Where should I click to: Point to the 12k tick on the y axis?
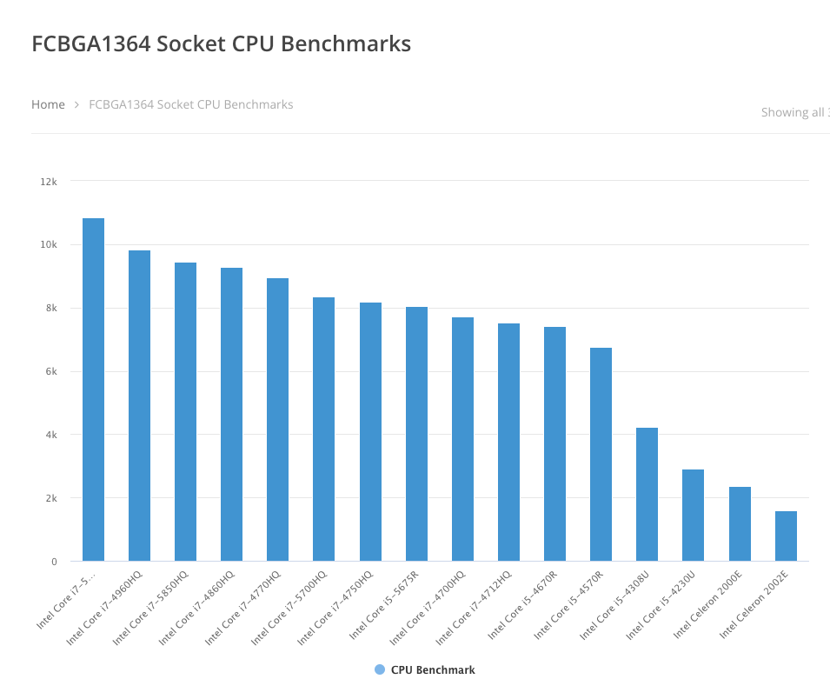pos(49,181)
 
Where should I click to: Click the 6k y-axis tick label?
pos(50,371)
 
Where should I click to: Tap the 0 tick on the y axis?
pos(54,562)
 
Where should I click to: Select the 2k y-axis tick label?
pos(50,498)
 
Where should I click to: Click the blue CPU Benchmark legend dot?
pos(379,669)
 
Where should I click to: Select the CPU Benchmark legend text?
pos(433,669)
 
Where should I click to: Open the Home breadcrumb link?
pos(48,104)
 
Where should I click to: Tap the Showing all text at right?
pos(793,112)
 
